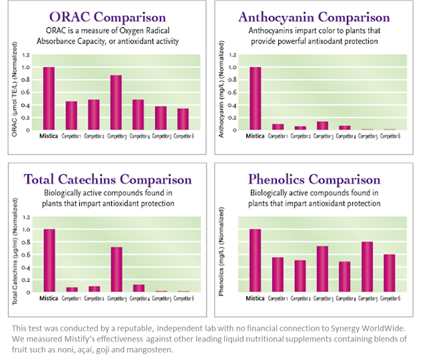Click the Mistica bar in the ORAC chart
(49, 98)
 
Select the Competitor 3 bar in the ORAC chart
(116, 102)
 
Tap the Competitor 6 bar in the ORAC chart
(183, 119)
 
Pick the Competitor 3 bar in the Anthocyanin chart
(323, 126)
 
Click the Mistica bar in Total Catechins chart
(49, 260)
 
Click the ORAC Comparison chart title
(106, 17)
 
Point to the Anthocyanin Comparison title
(314, 17)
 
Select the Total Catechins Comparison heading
(106, 179)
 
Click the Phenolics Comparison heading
(314, 179)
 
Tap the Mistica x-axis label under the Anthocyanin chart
(255, 136)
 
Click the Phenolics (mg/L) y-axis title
(220, 255)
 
